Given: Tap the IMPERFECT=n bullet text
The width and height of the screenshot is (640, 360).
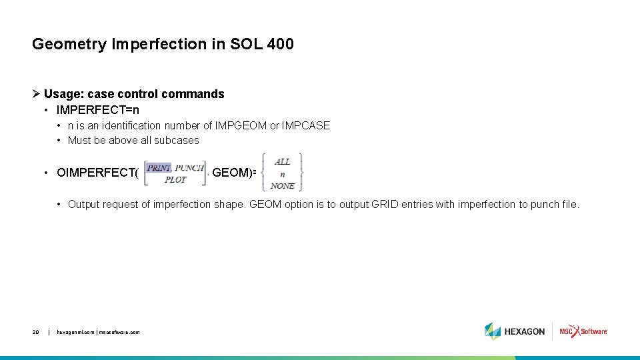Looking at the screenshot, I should click(98, 109).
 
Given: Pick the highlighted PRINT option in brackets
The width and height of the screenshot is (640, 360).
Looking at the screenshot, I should click(159, 168).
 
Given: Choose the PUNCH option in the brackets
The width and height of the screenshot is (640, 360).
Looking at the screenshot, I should click(189, 168).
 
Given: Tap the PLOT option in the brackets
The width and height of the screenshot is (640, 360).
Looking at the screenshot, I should click(175, 179).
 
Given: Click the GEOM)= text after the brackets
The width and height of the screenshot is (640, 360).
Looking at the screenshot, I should click(234, 173).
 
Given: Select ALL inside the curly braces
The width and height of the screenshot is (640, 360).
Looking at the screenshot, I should click(283, 162).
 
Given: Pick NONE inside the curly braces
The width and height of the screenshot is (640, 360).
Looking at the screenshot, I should click(283, 185).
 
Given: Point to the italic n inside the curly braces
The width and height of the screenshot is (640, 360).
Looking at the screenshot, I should click(283, 174).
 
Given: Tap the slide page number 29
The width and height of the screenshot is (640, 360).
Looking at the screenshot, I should click(36, 331).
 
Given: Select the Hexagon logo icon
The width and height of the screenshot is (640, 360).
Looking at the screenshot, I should click(493, 331).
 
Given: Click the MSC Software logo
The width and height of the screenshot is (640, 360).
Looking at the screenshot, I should click(583, 331).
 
